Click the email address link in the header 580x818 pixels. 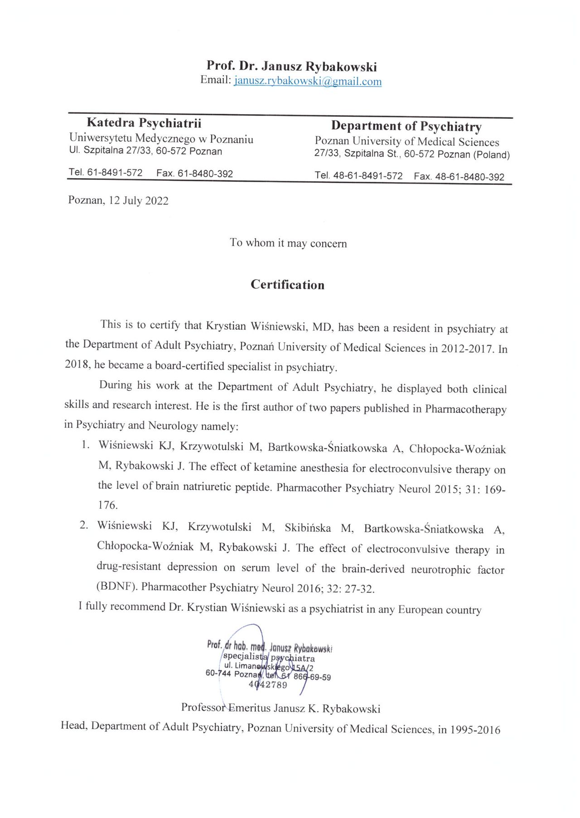[308, 82]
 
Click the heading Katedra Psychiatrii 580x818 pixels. [144, 123]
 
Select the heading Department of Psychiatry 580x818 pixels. [406, 126]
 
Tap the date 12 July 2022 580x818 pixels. [138, 201]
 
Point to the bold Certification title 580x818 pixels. [287, 285]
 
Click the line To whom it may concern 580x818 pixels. [288, 243]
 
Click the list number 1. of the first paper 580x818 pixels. [85, 445]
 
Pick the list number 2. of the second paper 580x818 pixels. [84, 525]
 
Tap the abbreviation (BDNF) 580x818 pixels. [117, 586]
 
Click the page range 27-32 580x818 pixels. [359, 589]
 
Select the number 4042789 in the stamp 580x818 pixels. [268, 685]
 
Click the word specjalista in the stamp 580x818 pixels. [245, 656]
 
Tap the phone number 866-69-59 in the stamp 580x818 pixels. [312, 677]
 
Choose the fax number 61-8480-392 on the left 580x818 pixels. [205, 174]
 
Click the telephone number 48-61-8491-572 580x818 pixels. [367, 176]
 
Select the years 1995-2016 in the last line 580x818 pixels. [475, 730]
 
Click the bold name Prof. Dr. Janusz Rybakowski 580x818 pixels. [291, 66]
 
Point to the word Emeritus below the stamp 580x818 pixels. [249, 708]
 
